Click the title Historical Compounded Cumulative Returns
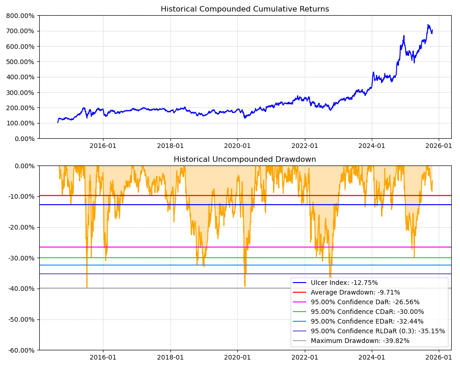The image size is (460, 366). (x=245, y=9)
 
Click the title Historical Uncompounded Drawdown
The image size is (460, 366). (x=245, y=159)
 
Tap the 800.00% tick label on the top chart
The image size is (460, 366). (x=21, y=16)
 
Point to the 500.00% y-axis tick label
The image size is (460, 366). (x=21, y=62)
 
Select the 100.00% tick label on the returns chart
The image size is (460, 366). (x=21, y=123)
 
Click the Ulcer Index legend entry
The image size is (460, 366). (x=344, y=283)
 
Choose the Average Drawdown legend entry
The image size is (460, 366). (x=355, y=292)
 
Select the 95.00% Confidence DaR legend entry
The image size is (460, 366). (x=365, y=302)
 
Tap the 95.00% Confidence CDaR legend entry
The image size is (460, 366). (x=367, y=312)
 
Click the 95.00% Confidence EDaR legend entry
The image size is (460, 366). (x=367, y=321)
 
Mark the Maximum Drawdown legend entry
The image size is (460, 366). (x=360, y=341)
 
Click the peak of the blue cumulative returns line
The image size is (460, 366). (x=428, y=25)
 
